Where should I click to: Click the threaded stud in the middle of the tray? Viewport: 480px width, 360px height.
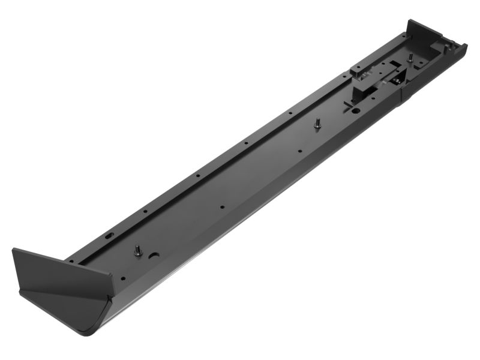click(x=317, y=123)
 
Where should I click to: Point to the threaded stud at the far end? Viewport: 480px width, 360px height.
click(x=410, y=58)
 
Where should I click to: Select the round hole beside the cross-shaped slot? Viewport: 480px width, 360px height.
click(x=355, y=110)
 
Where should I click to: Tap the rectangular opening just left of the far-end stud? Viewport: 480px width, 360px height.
click(x=394, y=65)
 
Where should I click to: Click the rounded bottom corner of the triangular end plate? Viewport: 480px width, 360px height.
click(x=90, y=330)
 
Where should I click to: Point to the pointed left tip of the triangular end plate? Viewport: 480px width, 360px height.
click(x=13, y=250)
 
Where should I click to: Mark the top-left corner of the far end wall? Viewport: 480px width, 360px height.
click(x=408, y=21)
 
